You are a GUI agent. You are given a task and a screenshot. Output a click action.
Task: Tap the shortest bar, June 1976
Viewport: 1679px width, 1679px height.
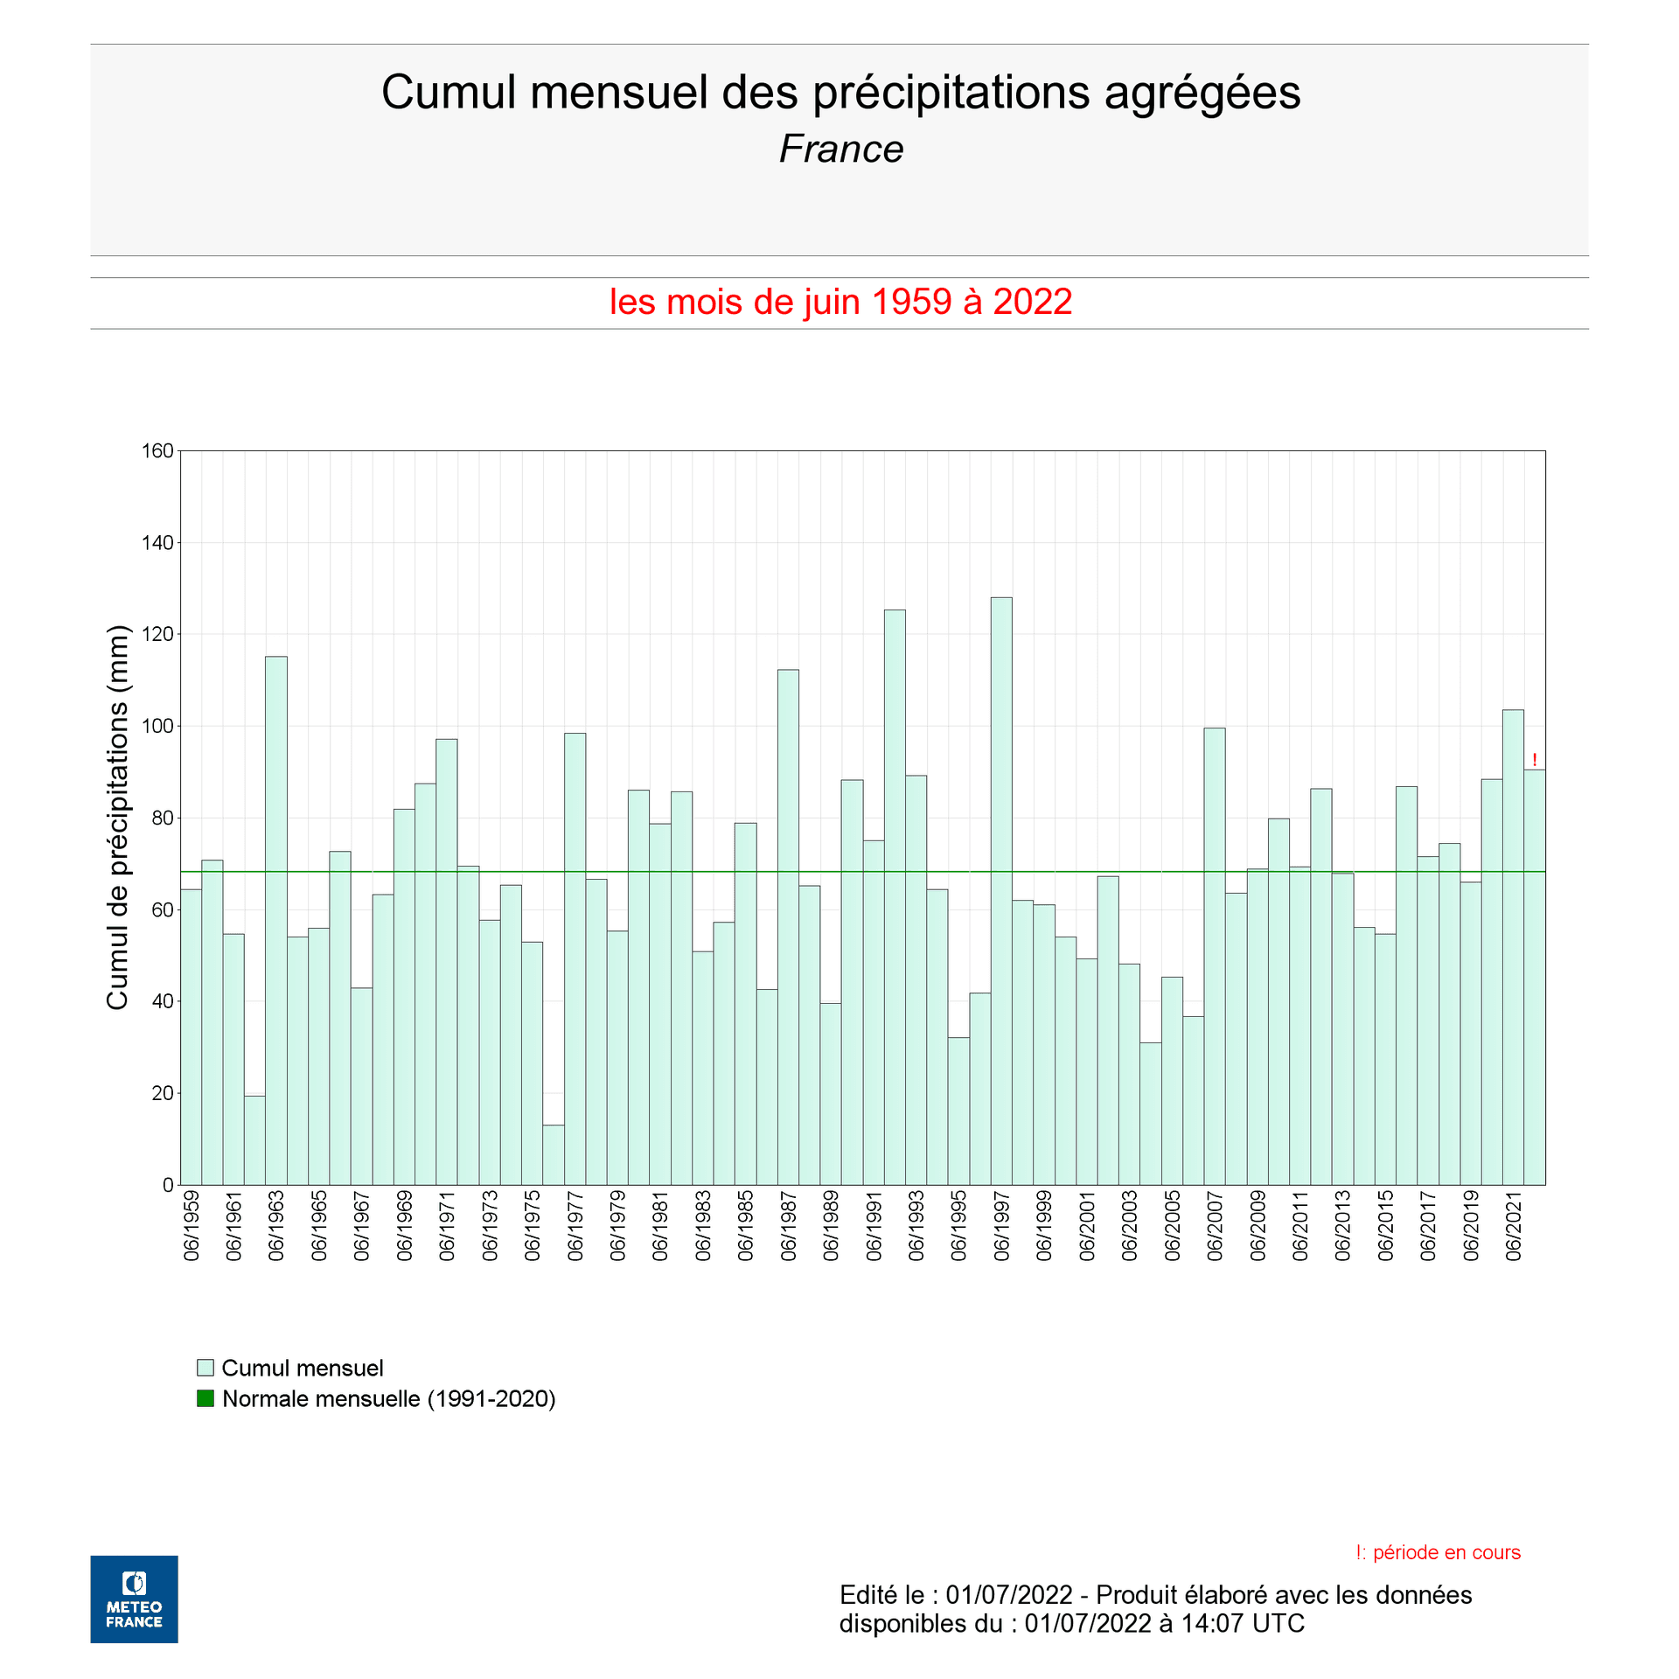click(554, 1154)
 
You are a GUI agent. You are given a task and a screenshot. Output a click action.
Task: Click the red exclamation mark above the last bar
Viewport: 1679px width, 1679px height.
click(1535, 760)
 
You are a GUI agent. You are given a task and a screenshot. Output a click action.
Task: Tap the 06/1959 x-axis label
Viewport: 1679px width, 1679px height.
click(192, 1225)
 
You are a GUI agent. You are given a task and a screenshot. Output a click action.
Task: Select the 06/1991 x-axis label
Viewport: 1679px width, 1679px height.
click(874, 1225)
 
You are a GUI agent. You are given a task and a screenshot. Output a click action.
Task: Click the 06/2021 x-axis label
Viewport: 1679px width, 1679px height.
click(1514, 1225)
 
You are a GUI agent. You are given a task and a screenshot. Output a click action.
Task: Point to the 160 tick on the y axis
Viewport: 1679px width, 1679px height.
click(157, 451)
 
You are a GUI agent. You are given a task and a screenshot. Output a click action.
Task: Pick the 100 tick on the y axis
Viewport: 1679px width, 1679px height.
click(157, 726)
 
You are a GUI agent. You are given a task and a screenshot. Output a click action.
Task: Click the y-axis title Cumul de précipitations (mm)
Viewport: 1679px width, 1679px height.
click(117, 817)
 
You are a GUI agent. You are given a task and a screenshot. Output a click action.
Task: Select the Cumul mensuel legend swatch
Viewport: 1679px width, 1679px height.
click(206, 1368)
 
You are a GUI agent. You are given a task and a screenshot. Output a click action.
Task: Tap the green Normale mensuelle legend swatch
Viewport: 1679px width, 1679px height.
click(206, 1398)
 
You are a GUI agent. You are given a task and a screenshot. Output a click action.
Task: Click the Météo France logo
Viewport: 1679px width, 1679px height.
click(134, 1599)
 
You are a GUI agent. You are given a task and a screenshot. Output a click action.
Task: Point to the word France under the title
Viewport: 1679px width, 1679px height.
click(840, 150)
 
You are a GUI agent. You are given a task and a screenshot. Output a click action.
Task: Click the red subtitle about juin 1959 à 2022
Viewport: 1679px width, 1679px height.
click(840, 303)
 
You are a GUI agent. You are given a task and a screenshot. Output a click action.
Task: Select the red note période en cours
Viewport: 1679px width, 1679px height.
click(1438, 1552)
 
